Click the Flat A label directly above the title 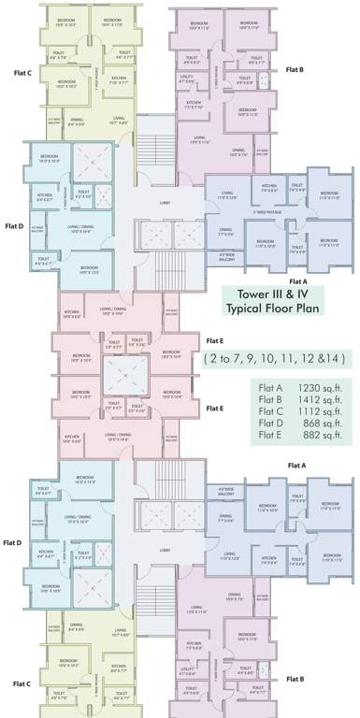297,280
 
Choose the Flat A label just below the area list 297,465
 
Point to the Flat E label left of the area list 215,408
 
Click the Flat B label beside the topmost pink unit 295,69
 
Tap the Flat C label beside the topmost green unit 23,72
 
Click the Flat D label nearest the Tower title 14,225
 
